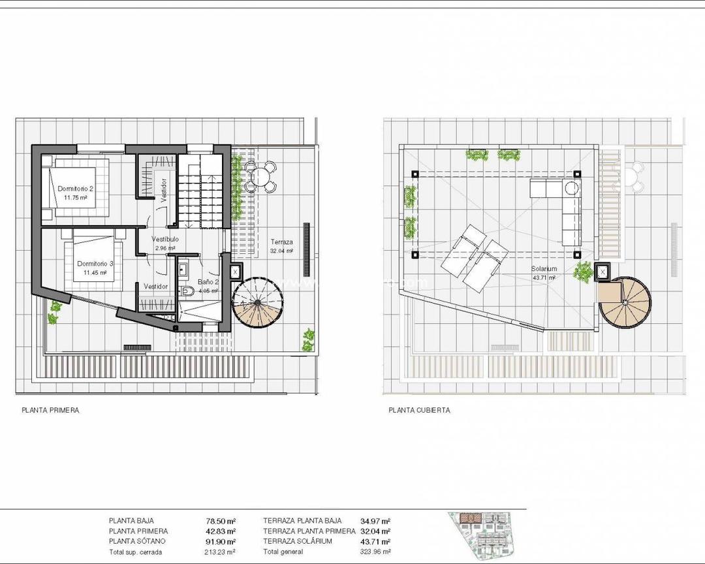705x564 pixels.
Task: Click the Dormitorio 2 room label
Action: point(76,189)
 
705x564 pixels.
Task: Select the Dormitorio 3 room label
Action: point(95,264)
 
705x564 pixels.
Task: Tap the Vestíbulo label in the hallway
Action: point(165,240)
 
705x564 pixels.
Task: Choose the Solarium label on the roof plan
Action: point(543,269)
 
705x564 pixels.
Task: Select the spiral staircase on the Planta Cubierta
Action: point(625,302)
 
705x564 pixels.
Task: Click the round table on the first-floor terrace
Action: point(261,175)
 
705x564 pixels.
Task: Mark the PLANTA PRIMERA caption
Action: point(50,411)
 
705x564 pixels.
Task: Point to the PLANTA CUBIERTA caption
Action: point(419,411)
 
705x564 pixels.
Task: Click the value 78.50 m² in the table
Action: point(220,521)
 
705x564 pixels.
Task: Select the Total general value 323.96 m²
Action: point(375,552)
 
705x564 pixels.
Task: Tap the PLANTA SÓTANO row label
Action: point(137,542)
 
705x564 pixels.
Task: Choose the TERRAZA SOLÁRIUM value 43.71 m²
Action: point(375,542)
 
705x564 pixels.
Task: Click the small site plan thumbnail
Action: point(486,536)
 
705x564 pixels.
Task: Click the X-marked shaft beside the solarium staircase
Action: point(602,271)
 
